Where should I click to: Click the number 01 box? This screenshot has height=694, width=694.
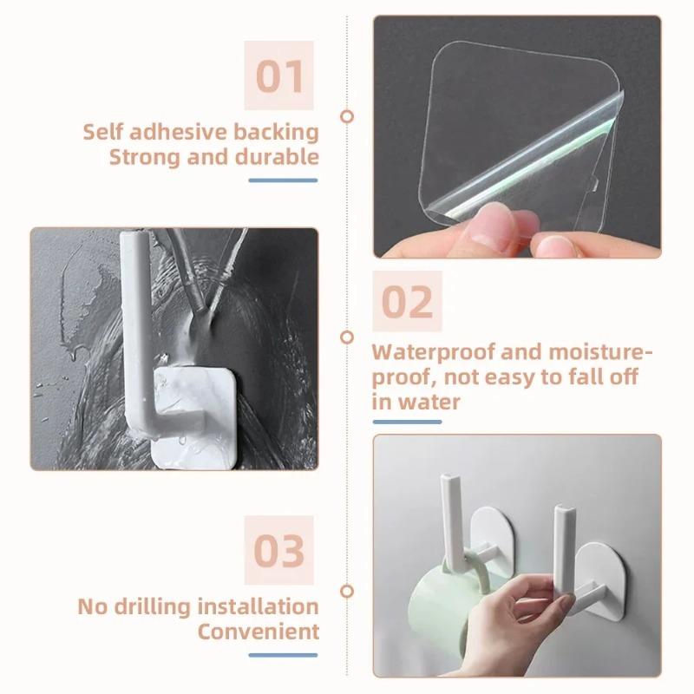point(280,76)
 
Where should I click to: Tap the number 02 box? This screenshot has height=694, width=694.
point(408,301)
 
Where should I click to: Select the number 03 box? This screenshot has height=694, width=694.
point(280,550)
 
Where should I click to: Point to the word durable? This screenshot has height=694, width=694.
point(278,158)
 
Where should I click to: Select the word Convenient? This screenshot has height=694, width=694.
point(258,631)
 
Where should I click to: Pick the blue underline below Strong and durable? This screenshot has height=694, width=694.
point(284,180)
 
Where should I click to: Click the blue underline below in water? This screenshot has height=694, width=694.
point(408,422)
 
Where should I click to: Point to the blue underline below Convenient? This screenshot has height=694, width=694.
point(284,653)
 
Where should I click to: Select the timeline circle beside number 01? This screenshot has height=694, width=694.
point(347,115)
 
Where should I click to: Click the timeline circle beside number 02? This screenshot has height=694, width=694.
point(347,337)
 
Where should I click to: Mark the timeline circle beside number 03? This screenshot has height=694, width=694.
point(347,591)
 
